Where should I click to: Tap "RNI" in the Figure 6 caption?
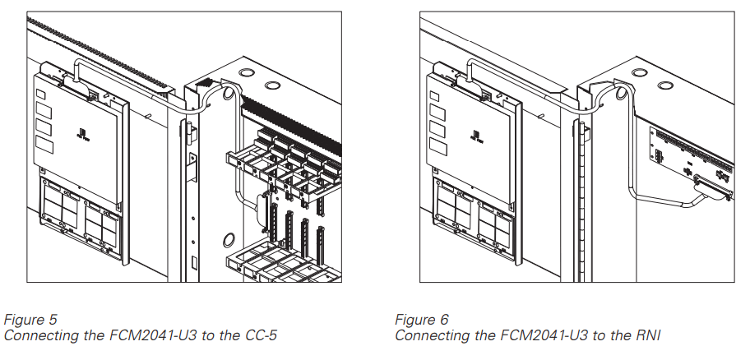point(647,335)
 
